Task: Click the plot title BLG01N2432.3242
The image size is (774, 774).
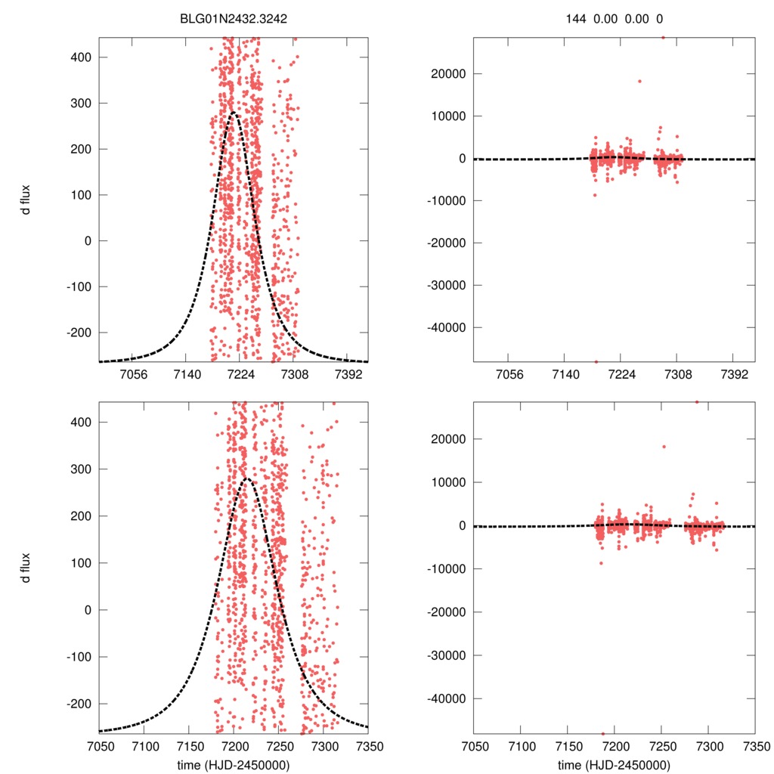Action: click(234, 18)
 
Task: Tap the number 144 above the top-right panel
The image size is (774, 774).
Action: click(576, 18)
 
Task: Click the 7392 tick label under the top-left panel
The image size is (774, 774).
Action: click(348, 374)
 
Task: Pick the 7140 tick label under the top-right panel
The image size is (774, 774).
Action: click(564, 374)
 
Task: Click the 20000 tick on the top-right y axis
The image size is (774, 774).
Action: click(447, 74)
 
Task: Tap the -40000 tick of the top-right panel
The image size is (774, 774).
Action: click(444, 327)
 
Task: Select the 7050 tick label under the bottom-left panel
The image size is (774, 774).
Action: click(99, 746)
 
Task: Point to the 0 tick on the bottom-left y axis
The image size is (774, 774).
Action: click(88, 610)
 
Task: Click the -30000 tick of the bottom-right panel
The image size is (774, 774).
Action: click(444, 655)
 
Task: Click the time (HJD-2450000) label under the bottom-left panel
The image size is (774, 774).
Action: click(234, 764)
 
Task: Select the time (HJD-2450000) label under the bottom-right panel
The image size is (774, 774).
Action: click(614, 764)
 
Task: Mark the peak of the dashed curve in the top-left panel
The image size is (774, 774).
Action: click(233, 113)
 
